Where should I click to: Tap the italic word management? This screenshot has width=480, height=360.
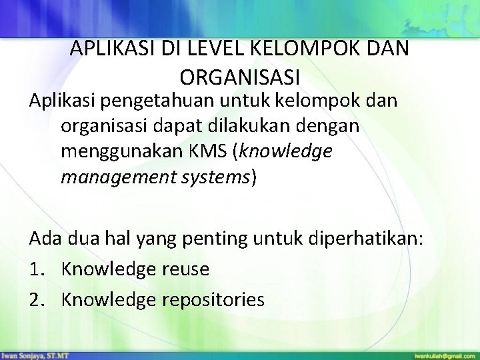pyautogui.click(x=121, y=178)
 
